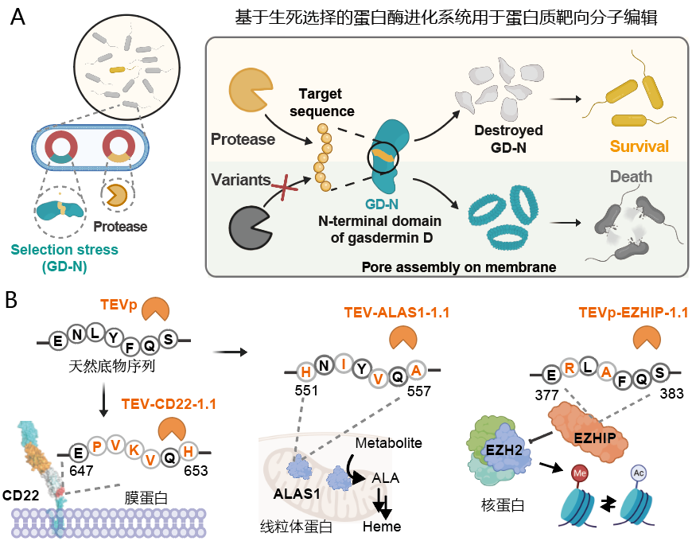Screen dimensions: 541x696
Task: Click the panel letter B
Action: (14, 301)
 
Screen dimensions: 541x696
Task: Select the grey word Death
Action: (632, 177)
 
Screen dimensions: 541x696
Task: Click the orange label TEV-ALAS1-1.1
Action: (397, 313)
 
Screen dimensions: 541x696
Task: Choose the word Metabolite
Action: (387, 442)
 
